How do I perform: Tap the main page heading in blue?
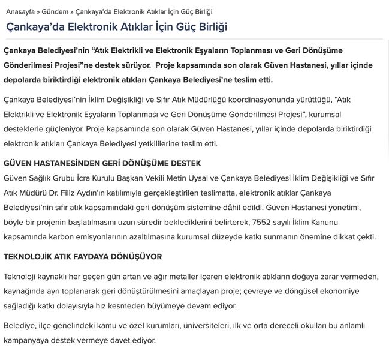click(x=116, y=28)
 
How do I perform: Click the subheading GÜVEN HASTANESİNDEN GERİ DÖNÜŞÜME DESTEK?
click(x=102, y=164)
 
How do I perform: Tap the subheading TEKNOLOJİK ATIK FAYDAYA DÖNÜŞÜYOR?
click(x=83, y=256)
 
